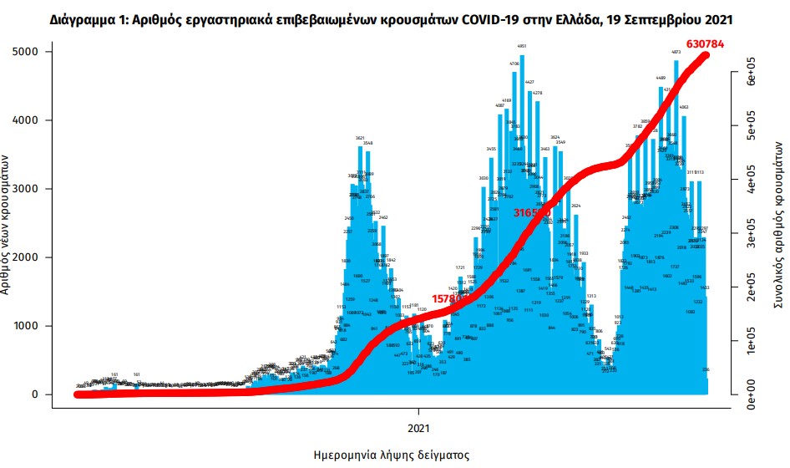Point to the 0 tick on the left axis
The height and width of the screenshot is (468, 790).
pyautogui.click(x=37, y=394)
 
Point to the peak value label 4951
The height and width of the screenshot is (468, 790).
pyautogui.click(x=522, y=47)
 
